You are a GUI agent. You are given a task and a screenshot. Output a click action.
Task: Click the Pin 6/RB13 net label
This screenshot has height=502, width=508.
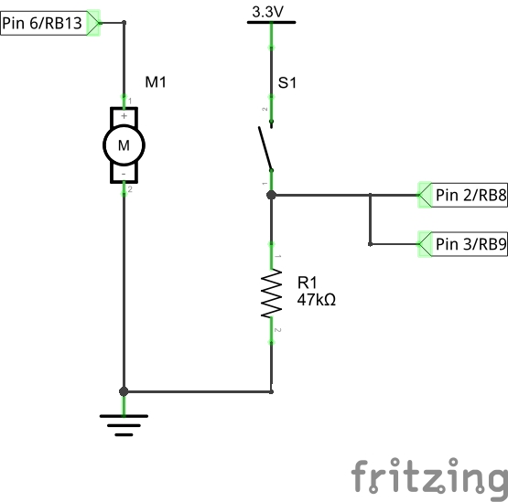point(43,24)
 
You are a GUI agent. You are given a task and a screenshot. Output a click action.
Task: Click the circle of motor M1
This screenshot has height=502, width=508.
point(124,144)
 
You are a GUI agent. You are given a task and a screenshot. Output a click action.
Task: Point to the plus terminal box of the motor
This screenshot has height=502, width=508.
point(124,116)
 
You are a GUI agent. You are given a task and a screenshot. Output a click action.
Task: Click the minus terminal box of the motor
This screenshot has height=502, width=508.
point(124,173)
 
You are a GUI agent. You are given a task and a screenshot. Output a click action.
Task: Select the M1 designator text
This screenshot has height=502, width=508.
point(157,83)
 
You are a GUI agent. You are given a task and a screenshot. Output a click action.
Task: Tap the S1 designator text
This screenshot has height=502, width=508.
point(287,83)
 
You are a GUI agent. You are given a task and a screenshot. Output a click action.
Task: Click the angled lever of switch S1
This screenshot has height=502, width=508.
point(265,149)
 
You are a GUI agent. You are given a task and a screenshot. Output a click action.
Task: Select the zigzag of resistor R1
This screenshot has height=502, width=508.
point(272,293)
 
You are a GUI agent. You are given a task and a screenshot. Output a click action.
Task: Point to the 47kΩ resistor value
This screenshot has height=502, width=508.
point(316,299)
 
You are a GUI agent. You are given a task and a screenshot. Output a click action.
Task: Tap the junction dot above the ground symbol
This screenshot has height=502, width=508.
point(124,391)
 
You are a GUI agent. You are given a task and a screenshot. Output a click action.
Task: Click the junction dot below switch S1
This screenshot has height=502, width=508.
point(272,195)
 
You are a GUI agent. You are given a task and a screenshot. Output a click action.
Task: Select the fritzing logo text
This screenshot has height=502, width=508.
point(429,476)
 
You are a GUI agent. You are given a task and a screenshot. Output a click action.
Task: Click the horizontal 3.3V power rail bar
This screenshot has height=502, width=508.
point(272,22)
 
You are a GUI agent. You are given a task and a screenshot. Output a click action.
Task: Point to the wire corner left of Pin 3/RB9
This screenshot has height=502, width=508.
point(370,244)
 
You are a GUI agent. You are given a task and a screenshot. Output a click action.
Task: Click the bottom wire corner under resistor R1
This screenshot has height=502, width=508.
point(272,391)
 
